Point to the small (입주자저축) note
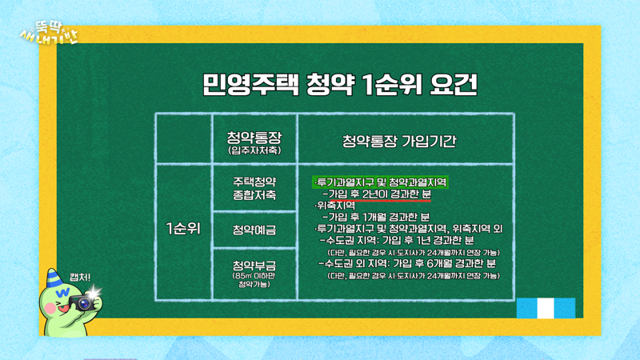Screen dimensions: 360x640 [x=253, y=150]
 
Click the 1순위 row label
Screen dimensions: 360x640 [x=182, y=227]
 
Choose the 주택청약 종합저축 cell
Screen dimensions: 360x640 [x=253, y=188]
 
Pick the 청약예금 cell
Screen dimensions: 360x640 [x=253, y=230]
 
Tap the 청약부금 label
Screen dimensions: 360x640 [x=253, y=265]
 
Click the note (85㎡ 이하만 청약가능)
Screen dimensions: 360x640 [x=253, y=279]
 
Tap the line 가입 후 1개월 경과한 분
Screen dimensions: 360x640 [x=376, y=217]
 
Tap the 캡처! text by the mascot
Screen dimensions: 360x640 [x=80, y=277]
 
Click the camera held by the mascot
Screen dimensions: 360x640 [x=82, y=302]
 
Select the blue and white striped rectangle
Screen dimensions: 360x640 [x=546, y=307]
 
